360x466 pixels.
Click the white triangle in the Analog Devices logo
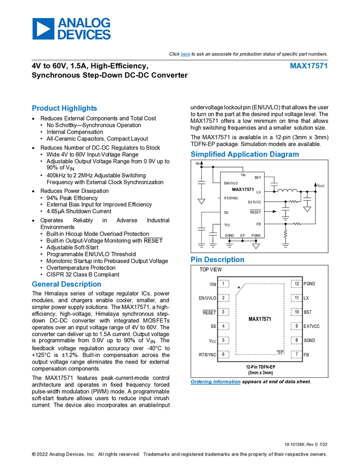tap(43, 29)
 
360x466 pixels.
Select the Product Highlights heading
tap(65, 109)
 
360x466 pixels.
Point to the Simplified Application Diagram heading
tap(245, 155)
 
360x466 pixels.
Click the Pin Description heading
tap(218, 260)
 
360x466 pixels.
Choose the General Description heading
tap(66, 284)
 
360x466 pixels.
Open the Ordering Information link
tap(215, 382)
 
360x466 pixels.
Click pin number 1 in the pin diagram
tap(223, 284)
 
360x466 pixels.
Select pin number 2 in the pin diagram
tap(223, 298)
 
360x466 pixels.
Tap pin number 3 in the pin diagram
tap(223, 312)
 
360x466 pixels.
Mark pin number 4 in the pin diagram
tap(223, 326)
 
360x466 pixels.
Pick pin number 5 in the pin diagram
tap(223, 340)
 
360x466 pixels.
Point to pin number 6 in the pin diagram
tap(223, 354)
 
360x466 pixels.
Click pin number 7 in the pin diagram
tap(296, 354)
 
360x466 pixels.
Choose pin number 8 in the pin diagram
tap(296, 340)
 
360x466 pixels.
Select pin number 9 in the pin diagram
tap(296, 326)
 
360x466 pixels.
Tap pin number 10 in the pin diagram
tap(296, 312)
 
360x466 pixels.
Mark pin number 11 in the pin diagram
tap(296, 298)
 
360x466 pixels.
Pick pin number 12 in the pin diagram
tap(296, 284)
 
